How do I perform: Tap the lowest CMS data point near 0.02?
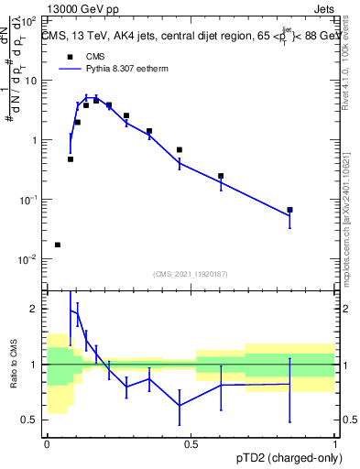58,245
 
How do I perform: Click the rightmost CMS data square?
289,210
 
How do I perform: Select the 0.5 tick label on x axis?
191,443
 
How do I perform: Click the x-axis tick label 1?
335,443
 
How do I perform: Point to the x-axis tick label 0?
47,443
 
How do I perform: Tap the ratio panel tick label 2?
36,309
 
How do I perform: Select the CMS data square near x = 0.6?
221,176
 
